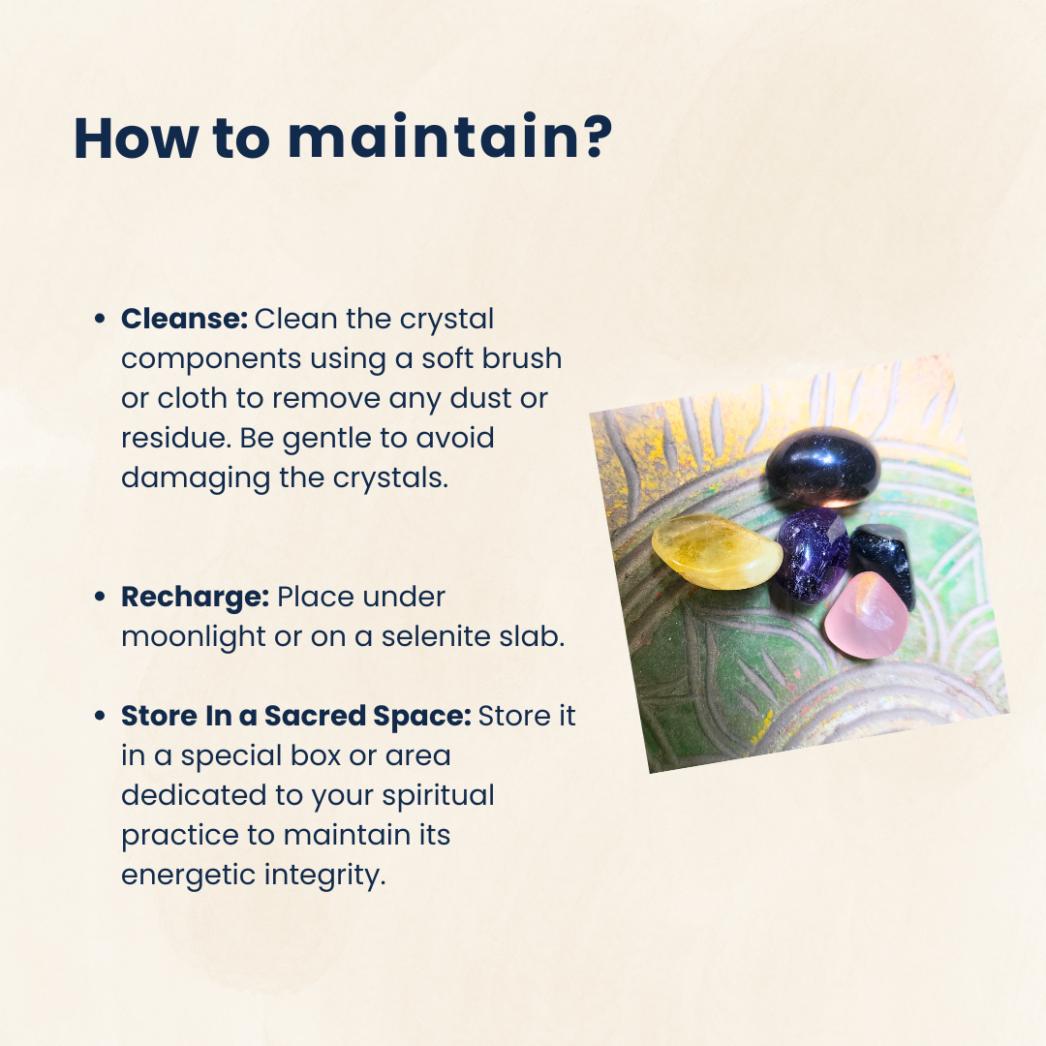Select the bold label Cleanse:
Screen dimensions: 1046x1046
(184, 319)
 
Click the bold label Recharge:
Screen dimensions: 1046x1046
(195, 598)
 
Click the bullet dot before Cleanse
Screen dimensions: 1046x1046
(100, 320)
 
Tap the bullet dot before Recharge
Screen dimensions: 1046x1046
(100, 597)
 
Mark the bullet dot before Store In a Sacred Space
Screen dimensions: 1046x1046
(100, 717)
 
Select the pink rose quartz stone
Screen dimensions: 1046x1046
(866, 615)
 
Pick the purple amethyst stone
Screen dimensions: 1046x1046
(812, 554)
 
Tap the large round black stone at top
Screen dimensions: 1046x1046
(822, 466)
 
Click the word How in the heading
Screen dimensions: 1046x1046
(136, 138)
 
